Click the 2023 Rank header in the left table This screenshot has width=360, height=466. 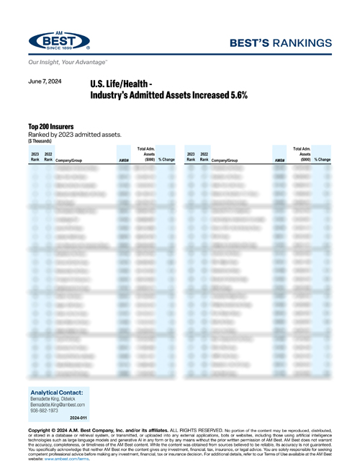click(35, 156)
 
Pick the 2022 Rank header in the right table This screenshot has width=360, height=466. click(204, 156)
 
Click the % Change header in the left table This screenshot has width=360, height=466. click(166, 158)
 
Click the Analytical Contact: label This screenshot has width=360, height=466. click(60, 392)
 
